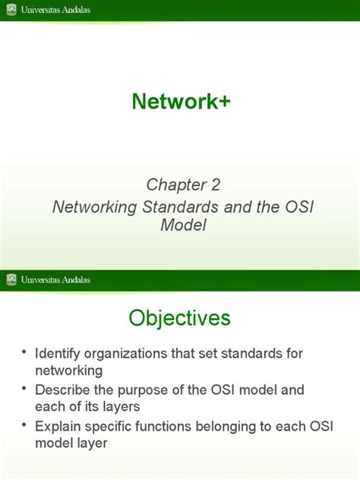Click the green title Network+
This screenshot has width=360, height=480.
click(181, 101)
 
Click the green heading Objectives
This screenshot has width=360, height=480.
click(180, 317)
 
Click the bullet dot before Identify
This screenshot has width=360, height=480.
click(25, 353)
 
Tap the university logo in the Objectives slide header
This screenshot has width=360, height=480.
click(11, 279)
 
